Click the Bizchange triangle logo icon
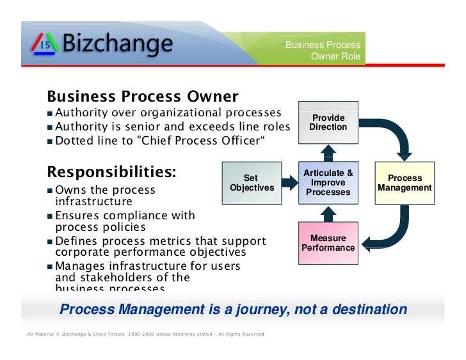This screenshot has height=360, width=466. tap(45, 44)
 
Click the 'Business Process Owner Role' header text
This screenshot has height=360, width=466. tap(323, 51)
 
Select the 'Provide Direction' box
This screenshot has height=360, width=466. tap(328, 122)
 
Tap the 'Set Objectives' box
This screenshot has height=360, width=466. tap(252, 183)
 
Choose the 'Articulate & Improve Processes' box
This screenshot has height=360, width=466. tap(328, 183)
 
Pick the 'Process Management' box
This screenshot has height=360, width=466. tap(405, 183)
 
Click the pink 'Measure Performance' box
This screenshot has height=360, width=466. tap(328, 243)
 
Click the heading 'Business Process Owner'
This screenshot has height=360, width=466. tap(142, 97)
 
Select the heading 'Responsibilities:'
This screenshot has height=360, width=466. tap(111, 173)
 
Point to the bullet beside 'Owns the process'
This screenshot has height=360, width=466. tap(51, 191)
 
